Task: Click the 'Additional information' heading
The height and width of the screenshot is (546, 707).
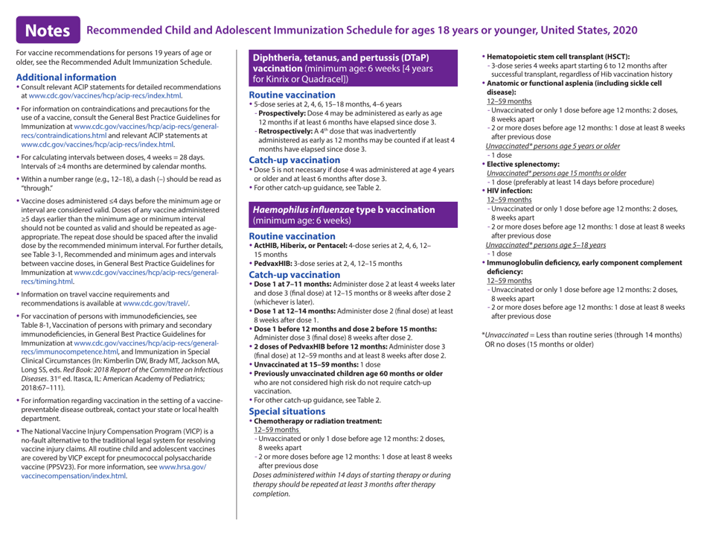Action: (69, 77)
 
